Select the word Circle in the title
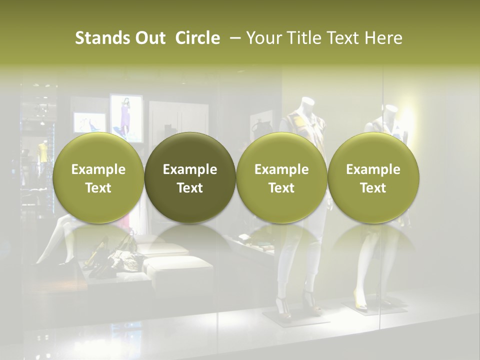pos(197,38)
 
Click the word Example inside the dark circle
pos(190,169)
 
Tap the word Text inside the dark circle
pos(190,188)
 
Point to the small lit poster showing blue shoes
pos(90,122)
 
